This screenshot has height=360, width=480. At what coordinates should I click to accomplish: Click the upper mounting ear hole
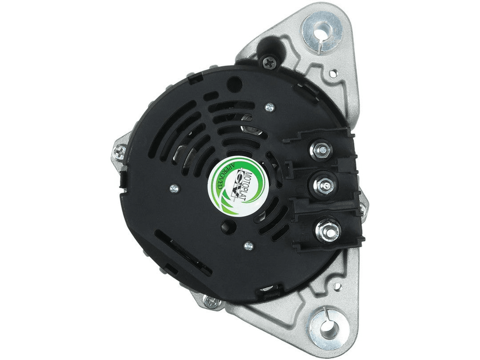coord(322,32)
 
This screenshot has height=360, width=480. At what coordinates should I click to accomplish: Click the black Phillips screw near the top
coord(269,62)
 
